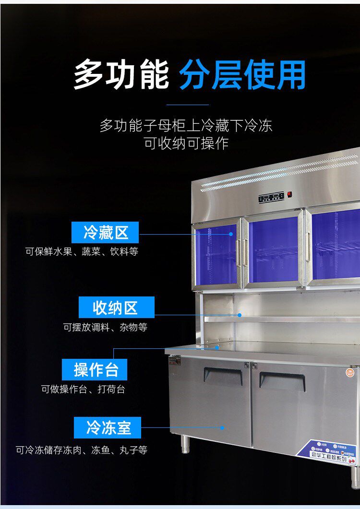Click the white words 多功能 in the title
coord(121,74)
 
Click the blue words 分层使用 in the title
coord(243,74)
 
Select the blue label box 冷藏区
coord(105,233)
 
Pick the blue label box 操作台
coord(95,370)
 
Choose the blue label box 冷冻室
coord(108,427)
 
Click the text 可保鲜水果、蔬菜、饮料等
coord(82,251)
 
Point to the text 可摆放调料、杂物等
coord(105,327)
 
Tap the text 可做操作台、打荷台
coord(83,389)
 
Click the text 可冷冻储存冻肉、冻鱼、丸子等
coord(81,450)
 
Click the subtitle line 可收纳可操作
coord(186,143)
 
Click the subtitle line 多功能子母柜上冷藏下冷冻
coord(186,126)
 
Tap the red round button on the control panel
coord(289,194)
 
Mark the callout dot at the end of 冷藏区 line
coord(231,234)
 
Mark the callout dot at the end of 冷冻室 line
coord(222,427)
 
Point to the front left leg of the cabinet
coord(185,444)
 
